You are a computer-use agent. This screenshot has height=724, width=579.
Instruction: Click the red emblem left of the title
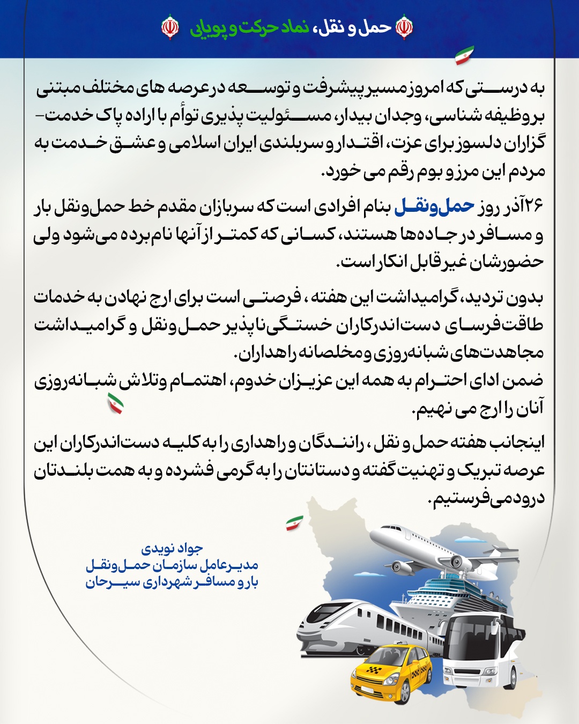coord(170,27)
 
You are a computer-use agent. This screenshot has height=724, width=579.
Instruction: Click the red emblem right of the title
coord(404,27)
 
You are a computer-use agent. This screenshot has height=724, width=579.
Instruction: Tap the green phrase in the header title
coord(250,27)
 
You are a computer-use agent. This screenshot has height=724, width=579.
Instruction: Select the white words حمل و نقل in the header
coord(359,27)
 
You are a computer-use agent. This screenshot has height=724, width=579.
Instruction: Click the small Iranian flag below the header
coord(464,55)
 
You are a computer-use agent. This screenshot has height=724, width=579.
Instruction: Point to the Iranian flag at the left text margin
coord(115,403)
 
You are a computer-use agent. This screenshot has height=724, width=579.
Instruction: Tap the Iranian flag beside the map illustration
coord(294,523)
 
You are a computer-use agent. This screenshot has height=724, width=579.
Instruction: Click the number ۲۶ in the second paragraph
coord(533,206)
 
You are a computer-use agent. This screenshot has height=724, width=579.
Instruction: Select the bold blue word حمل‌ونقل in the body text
coord(434,206)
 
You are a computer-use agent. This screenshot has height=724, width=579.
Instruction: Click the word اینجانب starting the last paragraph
coord(518,442)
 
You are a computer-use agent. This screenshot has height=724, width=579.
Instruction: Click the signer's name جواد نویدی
coord(172,548)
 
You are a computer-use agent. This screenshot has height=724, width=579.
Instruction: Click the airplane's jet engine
coord(456,563)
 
